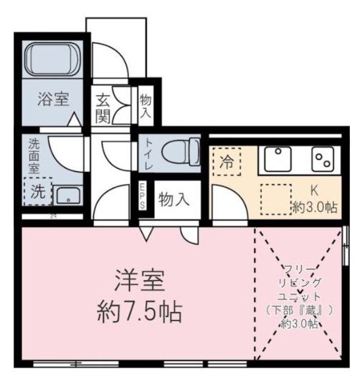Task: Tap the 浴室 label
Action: click(53, 100)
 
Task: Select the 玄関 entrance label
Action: click(103, 108)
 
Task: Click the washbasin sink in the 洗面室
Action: click(69, 194)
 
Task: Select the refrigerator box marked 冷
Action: click(226, 161)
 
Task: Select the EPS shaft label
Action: click(143, 195)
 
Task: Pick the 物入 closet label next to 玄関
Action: click(146, 107)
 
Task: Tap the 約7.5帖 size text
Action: click(139, 312)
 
